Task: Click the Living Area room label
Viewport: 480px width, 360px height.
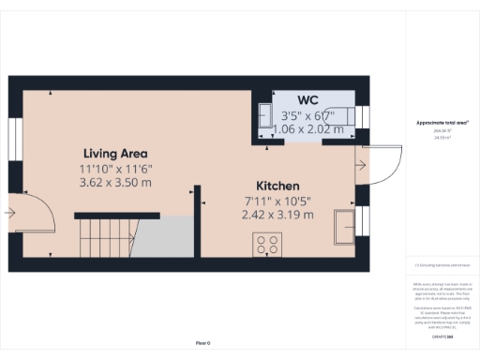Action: pyautogui.click(x=115, y=153)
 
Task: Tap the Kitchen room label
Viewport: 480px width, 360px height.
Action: pyautogui.click(x=277, y=186)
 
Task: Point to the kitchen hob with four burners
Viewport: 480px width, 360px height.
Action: pyautogui.click(x=266, y=245)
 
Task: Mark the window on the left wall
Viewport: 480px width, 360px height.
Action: pyautogui.click(x=15, y=138)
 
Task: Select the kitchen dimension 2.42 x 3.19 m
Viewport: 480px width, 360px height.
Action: pyautogui.click(x=277, y=214)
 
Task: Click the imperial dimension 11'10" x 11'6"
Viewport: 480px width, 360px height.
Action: pyautogui.click(x=115, y=168)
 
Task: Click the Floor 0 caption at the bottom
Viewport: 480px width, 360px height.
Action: pyautogui.click(x=202, y=344)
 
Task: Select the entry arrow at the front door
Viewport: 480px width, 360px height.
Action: pyautogui.click(x=9, y=213)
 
